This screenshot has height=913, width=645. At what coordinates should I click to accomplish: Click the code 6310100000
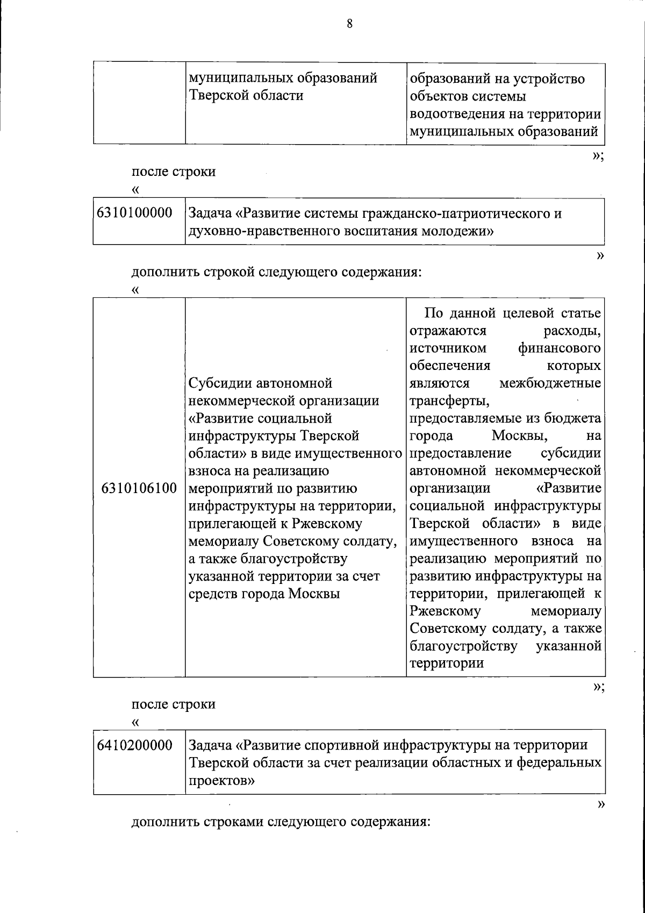[x=134, y=213]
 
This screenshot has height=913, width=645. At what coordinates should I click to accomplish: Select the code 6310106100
[x=139, y=488]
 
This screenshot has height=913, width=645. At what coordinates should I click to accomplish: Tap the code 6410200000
[x=134, y=745]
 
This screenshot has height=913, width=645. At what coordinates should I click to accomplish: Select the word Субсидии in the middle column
[x=217, y=383]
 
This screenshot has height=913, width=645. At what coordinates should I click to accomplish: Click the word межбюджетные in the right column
[x=550, y=383]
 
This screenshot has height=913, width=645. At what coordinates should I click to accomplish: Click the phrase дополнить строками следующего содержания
[x=281, y=823]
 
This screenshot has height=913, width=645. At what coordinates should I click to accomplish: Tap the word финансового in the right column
[x=559, y=348]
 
